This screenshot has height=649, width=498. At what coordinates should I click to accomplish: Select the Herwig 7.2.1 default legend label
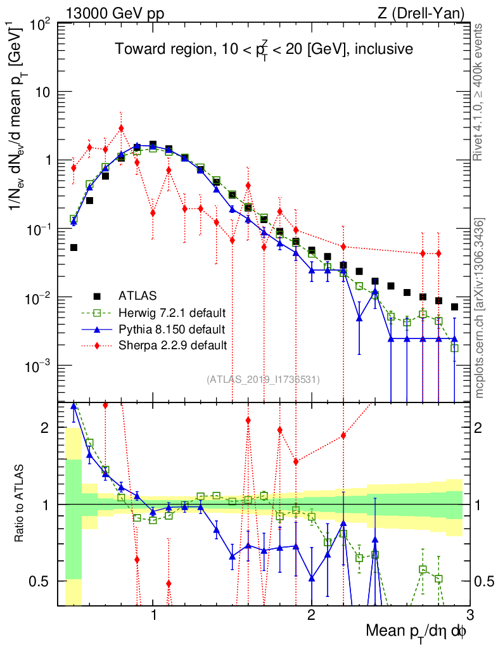click(x=172, y=312)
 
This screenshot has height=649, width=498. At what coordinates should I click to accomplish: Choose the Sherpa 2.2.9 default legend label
click(x=172, y=345)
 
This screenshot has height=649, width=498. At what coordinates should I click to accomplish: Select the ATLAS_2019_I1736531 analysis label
click(x=263, y=380)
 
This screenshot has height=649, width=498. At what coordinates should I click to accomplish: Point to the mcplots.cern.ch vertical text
click(x=481, y=308)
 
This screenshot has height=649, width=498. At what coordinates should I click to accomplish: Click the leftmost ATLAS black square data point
click(x=73, y=247)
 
